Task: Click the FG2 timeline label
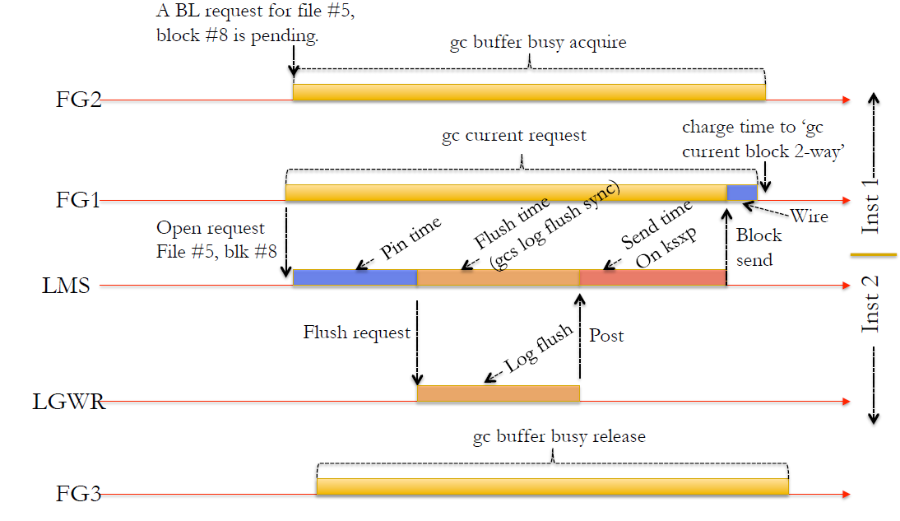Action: click(x=78, y=100)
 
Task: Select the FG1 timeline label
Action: click(x=78, y=200)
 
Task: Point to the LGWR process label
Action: click(x=69, y=403)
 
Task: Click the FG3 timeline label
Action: click(x=78, y=495)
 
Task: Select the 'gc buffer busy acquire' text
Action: click(x=538, y=43)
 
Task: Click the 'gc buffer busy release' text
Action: click(x=559, y=436)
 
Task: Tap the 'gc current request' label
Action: click(x=515, y=135)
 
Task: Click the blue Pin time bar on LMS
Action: click(x=355, y=277)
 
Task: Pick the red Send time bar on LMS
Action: click(x=652, y=277)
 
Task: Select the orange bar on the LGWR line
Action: click(x=498, y=393)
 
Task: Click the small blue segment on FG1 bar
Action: click(x=741, y=193)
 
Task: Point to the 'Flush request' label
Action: click(x=356, y=333)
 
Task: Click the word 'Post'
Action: click(x=606, y=335)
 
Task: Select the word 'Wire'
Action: click(x=809, y=217)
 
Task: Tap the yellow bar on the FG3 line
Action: click(x=552, y=487)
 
